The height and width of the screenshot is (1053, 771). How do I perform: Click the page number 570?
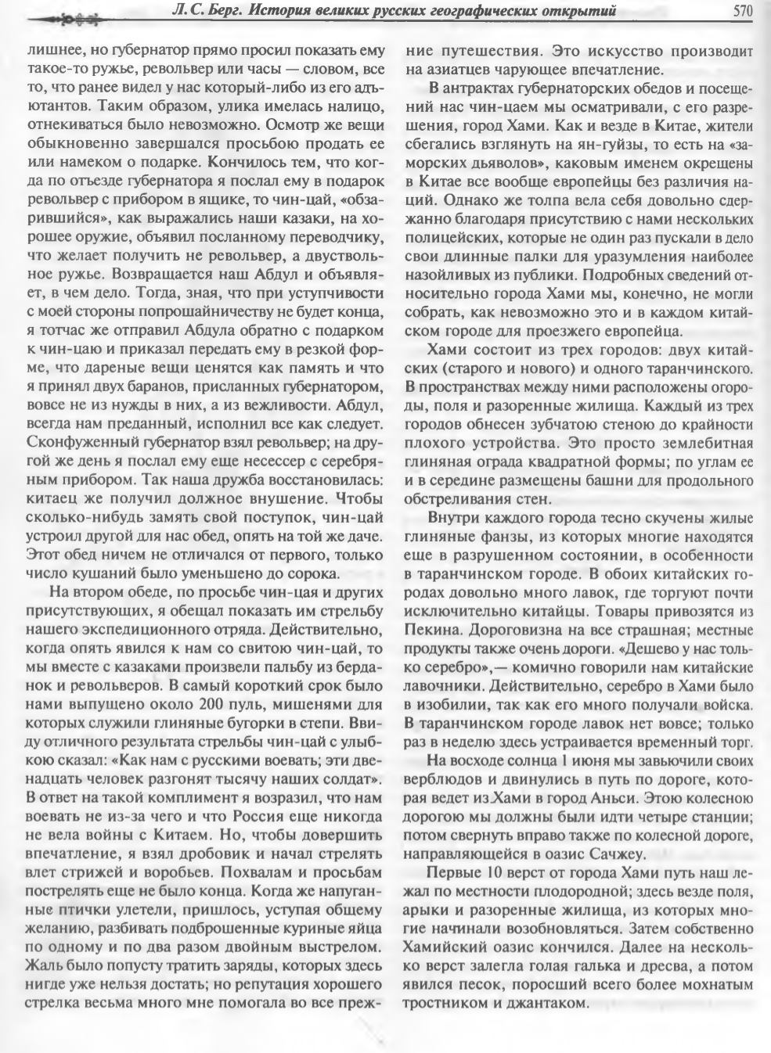pos(743,10)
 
